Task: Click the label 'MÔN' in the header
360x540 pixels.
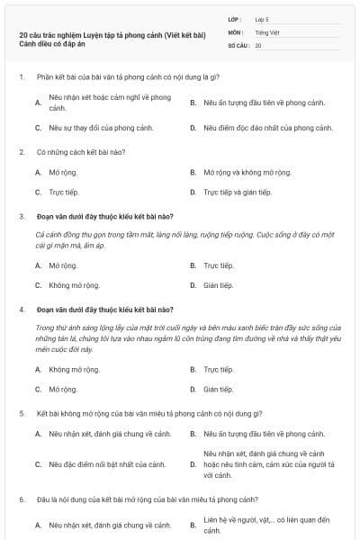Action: (x=236, y=31)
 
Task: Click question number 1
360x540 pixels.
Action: (x=22, y=77)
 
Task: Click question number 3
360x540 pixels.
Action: (x=22, y=216)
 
